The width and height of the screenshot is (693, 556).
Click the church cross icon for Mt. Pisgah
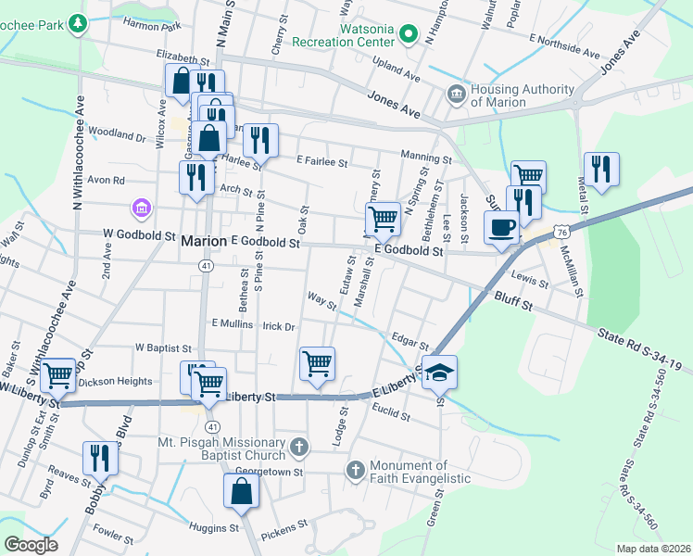coord(298,448)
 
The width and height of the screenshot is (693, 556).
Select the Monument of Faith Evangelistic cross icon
coord(356,471)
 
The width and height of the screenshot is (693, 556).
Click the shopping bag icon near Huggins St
coord(241,491)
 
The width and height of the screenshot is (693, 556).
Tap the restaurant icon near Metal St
coord(601,169)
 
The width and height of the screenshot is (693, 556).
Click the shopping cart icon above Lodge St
coord(317,363)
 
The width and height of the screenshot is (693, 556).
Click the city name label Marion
coord(203,241)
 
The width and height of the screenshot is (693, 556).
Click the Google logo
coord(31,544)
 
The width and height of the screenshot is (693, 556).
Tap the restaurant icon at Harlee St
coord(260,140)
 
